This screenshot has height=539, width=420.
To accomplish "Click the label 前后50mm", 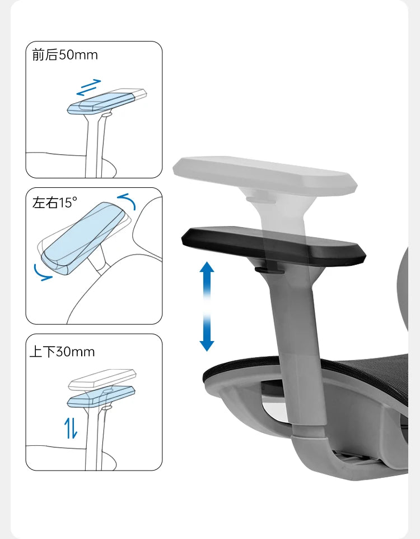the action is tap(65, 55).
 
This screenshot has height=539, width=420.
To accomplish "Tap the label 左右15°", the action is tap(54, 202).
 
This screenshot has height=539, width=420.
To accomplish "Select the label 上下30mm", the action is tap(62, 352).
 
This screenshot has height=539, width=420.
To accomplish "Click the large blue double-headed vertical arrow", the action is tap(207, 306).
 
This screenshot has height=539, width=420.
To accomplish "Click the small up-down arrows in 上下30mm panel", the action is tap(71, 427).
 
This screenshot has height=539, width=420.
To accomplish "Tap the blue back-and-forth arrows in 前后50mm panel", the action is tap(89, 87).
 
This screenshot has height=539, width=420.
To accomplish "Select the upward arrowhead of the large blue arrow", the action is tap(207, 267).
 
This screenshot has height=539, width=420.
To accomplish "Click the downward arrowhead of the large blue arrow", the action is tap(207, 346).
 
